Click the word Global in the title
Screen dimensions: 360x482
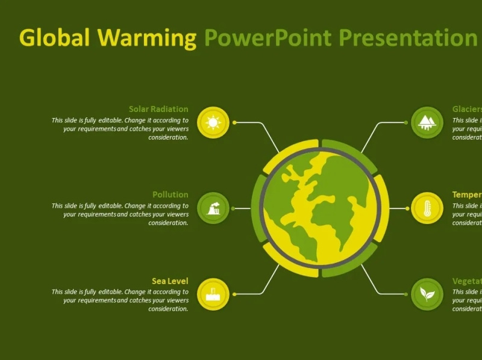(55, 38)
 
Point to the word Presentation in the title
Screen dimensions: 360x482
(407, 38)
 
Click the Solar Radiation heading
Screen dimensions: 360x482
(158, 109)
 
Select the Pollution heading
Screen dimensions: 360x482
(170, 194)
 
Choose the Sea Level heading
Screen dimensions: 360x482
(170, 281)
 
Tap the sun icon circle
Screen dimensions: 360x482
(213, 123)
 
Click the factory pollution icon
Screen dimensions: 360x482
(213, 208)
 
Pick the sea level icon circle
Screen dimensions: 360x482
(213, 294)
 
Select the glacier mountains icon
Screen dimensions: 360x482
(427, 122)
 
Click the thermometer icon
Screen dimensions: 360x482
(427, 208)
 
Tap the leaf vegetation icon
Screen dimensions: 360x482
(427, 294)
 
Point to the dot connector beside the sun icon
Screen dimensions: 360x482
(234, 123)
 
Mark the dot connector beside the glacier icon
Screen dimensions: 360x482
(406, 122)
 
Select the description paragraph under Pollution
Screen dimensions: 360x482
(120, 214)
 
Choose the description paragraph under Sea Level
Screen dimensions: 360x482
(120, 300)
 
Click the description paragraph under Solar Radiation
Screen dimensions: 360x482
(120, 129)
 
